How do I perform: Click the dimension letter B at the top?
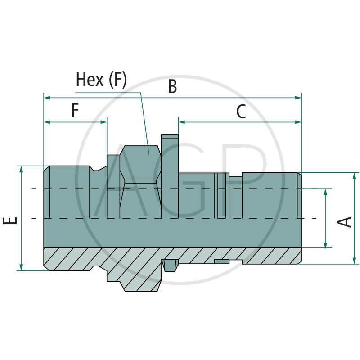(x=172, y=86)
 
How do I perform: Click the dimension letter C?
(x=241, y=112)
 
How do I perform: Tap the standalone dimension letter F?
(x=75, y=110)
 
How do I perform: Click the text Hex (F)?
(x=101, y=80)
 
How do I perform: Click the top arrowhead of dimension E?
(x=21, y=169)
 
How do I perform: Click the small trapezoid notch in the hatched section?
(x=170, y=265)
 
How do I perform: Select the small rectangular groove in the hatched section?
(x=222, y=261)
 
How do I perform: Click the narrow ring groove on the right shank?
(x=220, y=193)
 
